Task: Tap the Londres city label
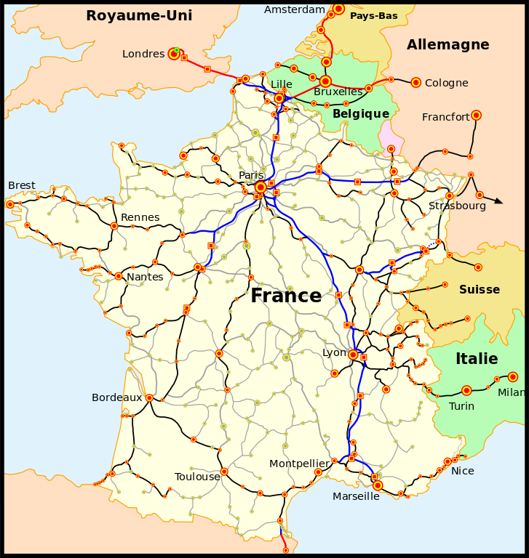tap(143, 54)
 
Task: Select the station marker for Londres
tap(174, 53)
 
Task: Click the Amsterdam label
tap(295, 9)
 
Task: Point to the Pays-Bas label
tap(373, 15)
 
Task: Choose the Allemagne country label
tap(448, 45)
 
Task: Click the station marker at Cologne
tap(415, 83)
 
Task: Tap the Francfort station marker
tap(476, 115)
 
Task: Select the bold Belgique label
tap(361, 113)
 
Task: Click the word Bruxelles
tap(338, 92)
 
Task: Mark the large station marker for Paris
tap(260, 187)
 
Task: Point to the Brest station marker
tap(10, 204)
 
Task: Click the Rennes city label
tap(140, 217)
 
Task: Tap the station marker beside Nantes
tap(118, 276)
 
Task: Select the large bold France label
tap(286, 296)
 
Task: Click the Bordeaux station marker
tap(149, 397)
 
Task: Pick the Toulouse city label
tap(197, 477)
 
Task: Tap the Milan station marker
tap(513, 376)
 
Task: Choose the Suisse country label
tap(479, 289)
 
